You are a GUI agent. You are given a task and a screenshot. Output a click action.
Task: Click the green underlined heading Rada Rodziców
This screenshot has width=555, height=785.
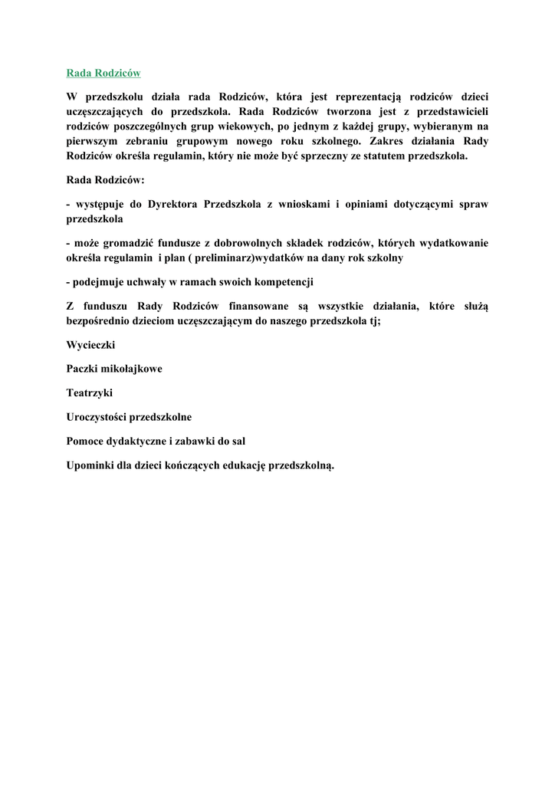pos(103,73)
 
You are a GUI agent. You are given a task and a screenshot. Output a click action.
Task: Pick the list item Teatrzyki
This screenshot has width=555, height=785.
pos(90,392)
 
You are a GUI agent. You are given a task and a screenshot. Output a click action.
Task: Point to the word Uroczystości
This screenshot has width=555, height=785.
pos(97,417)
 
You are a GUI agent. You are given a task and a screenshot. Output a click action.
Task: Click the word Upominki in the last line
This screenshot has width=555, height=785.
pos(92,465)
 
